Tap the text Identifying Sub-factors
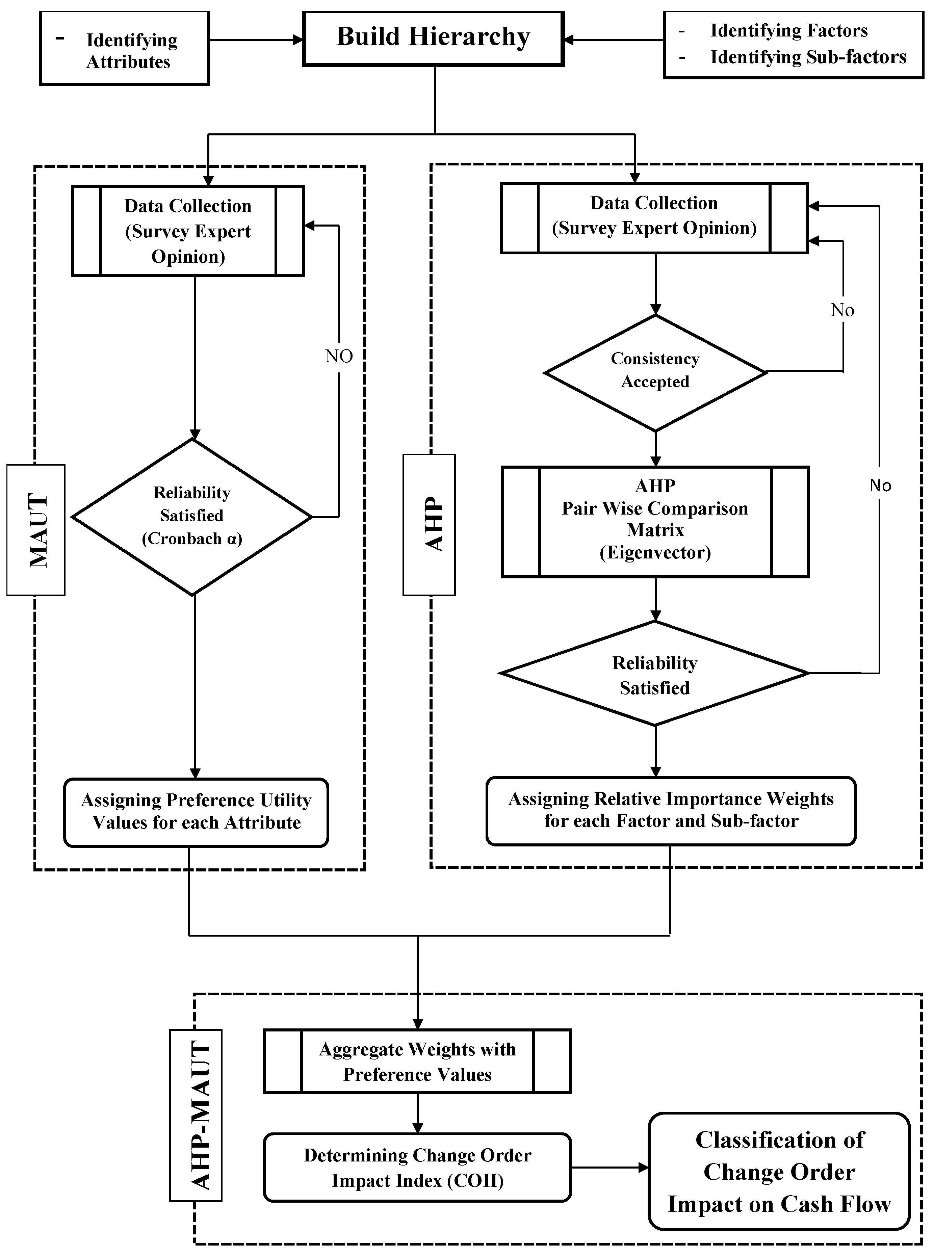pos(808,57)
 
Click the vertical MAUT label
pos(36,530)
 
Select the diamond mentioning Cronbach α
pos(192,517)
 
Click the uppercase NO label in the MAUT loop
pos(339,356)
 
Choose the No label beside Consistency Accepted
pos(842,310)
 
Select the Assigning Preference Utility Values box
pos(196,811)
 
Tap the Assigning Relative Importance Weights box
pos(671,810)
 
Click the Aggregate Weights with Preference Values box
pos(417,1061)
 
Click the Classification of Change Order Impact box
pos(779,1171)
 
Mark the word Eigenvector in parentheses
pos(655,552)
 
